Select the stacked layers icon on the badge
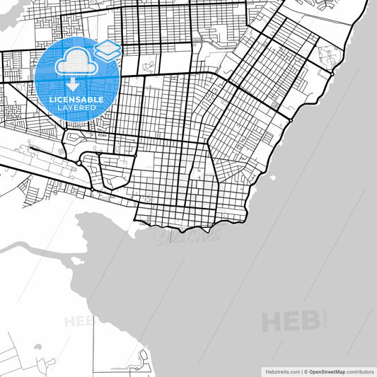[x=108, y=49]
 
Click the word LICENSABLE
[x=76, y=100]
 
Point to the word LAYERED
[x=76, y=108]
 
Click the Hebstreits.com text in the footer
[x=282, y=371]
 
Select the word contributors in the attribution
[x=359, y=371]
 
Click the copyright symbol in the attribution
[x=305, y=371]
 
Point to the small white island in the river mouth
[x=75, y=260]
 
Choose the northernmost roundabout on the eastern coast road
[x=330, y=73]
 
